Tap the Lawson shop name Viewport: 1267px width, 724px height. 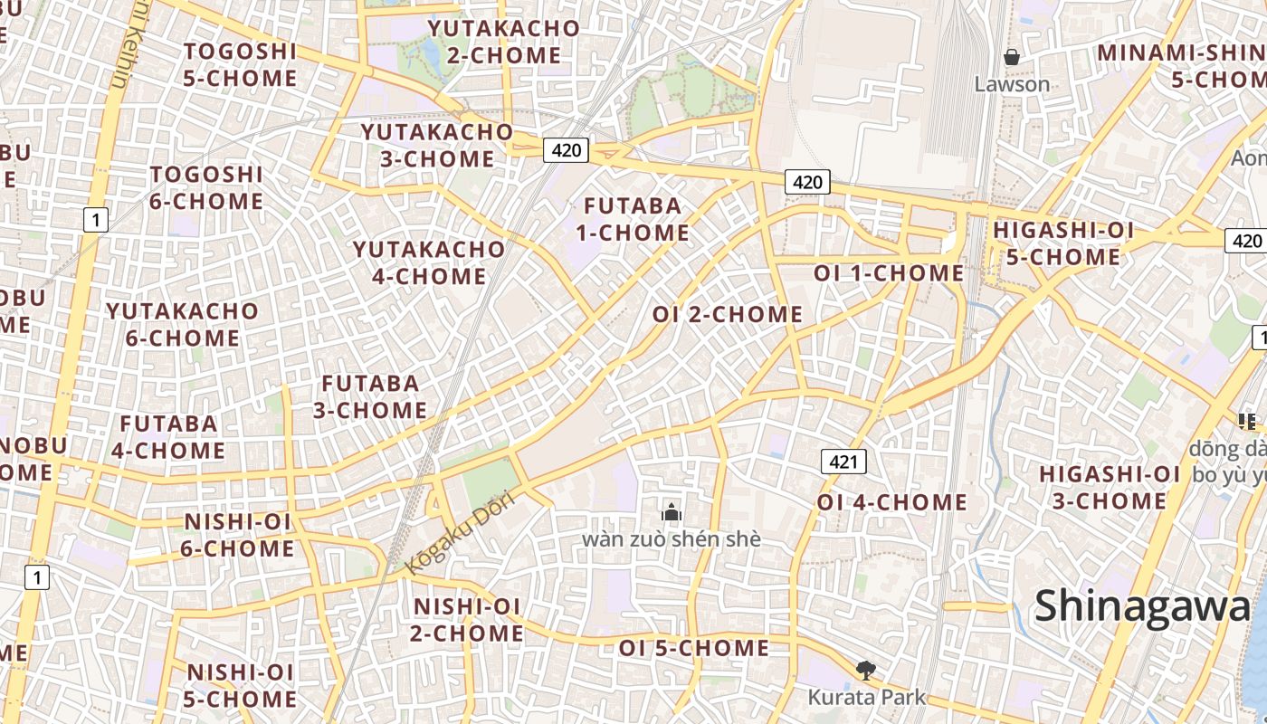(1012, 84)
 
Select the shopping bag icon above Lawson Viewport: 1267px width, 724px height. (1012, 57)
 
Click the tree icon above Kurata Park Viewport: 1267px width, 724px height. (866, 671)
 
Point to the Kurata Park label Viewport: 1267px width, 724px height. (866, 697)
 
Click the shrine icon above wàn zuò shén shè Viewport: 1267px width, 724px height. (671, 513)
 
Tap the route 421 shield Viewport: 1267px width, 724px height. (843, 462)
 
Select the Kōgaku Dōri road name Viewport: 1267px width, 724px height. (460, 532)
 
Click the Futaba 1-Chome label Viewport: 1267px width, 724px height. (633, 219)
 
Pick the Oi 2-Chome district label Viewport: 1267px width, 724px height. (728, 314)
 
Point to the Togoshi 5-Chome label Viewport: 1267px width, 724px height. (240, 64)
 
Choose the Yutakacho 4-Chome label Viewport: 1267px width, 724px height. (429, 262)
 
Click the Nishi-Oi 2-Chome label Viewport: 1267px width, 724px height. (467, 619)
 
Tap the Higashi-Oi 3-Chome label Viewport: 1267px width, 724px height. (1110, 487)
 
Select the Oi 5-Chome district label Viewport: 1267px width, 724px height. (693, 648)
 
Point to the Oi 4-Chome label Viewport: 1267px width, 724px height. (891, 501)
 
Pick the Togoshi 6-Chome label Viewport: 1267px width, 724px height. (206, 187)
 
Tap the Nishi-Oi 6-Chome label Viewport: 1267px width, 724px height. (239, 535)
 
